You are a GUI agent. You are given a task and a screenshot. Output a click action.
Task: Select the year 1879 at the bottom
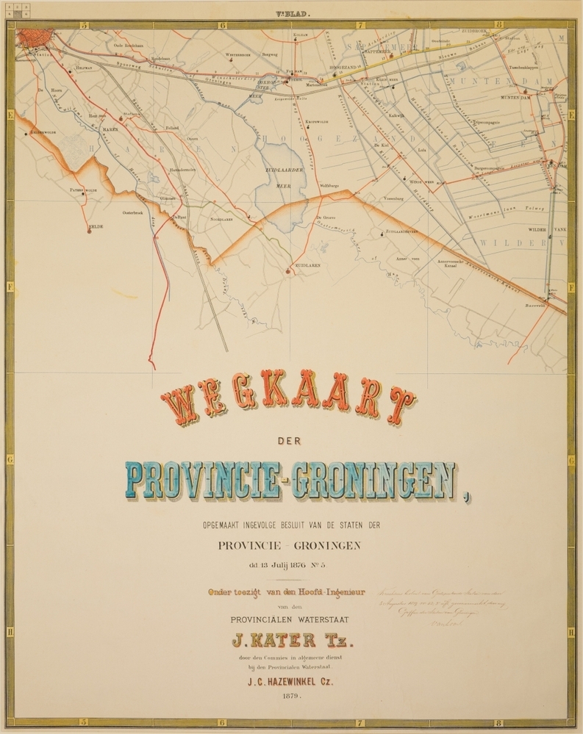[292, 693]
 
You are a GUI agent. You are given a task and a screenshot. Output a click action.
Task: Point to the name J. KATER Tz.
[291, 639]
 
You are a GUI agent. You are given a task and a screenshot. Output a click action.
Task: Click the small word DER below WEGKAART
[291, 440]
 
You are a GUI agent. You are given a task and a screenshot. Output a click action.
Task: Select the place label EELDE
[96, 226]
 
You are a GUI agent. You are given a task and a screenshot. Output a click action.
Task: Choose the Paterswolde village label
[83, 190]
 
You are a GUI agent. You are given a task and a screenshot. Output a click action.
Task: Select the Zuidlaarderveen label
[404, 231]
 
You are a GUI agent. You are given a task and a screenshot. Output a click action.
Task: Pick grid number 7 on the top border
[360, 24]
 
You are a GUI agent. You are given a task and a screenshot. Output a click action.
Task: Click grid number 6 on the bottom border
[221, 722]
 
